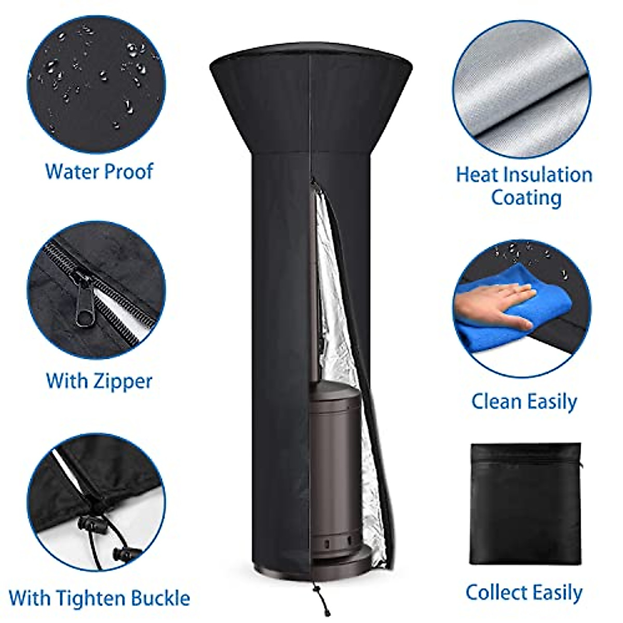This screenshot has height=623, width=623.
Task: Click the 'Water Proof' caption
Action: [99, 171]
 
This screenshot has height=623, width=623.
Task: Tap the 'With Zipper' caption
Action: [99, 381]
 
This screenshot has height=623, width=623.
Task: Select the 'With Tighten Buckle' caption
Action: [99, 598]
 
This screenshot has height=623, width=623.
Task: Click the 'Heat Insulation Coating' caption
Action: [524, 186]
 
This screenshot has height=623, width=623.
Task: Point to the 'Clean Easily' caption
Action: [524, 401]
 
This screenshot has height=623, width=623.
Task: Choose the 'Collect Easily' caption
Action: [524, 592]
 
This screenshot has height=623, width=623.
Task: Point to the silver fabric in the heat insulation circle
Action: [522, 88]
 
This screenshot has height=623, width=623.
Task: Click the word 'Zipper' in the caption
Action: [123, 381]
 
